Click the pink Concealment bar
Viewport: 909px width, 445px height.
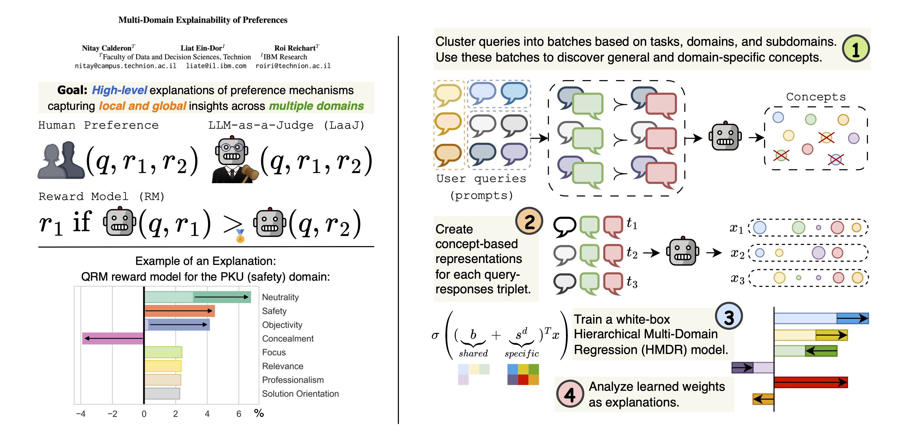point(113,338)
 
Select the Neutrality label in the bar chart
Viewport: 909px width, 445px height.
point(280,297)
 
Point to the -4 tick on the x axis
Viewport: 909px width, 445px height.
point(81,414)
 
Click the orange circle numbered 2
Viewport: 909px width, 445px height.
point(529,221)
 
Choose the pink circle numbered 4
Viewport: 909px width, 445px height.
point(570,394)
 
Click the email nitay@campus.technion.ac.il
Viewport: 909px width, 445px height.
point(125,66)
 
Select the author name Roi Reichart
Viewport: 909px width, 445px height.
point(295,48)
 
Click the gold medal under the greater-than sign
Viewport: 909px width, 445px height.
point(240,237)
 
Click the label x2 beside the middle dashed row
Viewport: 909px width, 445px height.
point(737,253)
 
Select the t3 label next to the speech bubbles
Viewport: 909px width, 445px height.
point(632,282)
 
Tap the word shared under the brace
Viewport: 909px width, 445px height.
point(473,353)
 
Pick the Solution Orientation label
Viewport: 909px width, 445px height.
point(300,394)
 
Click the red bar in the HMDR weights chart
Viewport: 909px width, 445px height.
point(810,382)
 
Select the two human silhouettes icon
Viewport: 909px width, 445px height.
point(61,160)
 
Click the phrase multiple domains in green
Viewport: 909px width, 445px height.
point(316,106)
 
